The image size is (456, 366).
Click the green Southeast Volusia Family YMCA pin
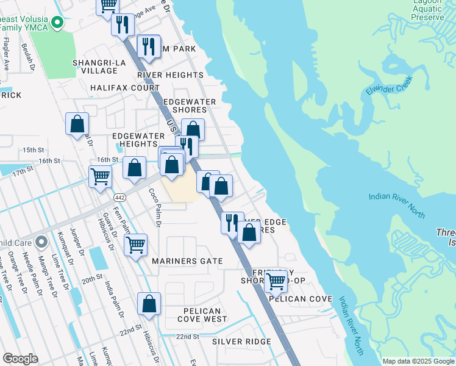coord(58,23)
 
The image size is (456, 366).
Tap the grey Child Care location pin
coord(41,243)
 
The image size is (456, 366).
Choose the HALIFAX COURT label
coord(125,88)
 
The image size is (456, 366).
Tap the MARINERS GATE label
coord(179,261)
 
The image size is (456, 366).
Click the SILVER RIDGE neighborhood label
coord(241,342)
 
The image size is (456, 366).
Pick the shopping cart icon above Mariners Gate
coord(135,245)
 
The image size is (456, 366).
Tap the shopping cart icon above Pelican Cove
coord(276,281)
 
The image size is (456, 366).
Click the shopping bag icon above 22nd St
coord(149,303)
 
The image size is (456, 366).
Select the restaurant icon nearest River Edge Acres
coord(232,222)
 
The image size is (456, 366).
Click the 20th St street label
coord(92,278)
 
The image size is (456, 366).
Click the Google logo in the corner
coord(20,359)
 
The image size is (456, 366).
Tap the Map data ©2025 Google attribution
coord(418,361)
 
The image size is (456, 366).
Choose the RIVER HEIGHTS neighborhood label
coord(170,75)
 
